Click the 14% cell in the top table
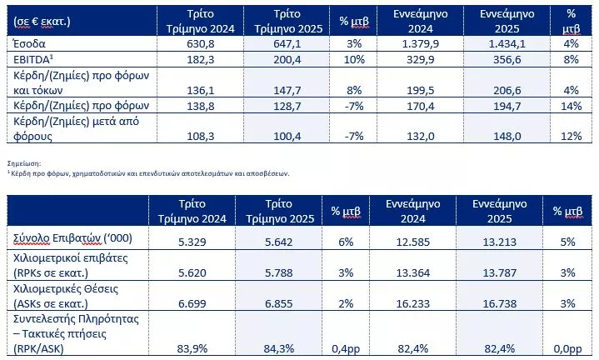coord(572,107)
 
